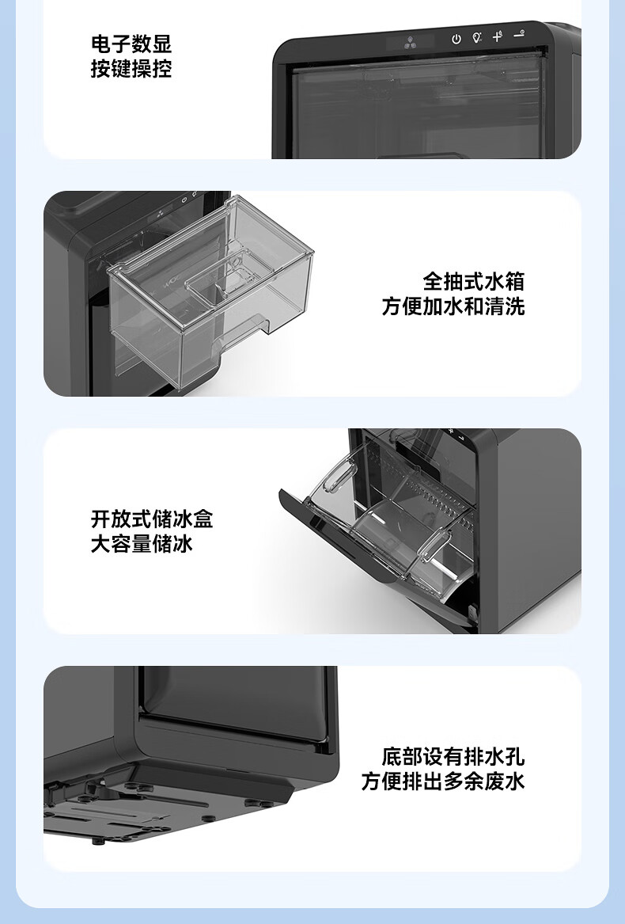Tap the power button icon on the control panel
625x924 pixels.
pyautogui.click(x=456, y=39)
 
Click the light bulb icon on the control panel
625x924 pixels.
pyautogui.click(x=477, y=38)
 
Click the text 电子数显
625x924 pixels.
pyautogui.click(x=131, y=44)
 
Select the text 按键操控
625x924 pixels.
pyautogui.click(x=131, y=69)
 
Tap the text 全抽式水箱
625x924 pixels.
pyautogui.click(x=474, y=282)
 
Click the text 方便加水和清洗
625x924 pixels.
pyautogui.click(x=453, y=306)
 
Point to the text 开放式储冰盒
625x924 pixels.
pyautogui.click(x=152, y=519)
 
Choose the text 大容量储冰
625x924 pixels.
pyautogui.click(x=142, y=544)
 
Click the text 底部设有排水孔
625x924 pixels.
pyautogui.click(x=453, y=756)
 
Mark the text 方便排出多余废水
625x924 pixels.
pyautogui.click(x=443, y=781)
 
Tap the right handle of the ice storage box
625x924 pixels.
pyautogui.click(x=435, y=544)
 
